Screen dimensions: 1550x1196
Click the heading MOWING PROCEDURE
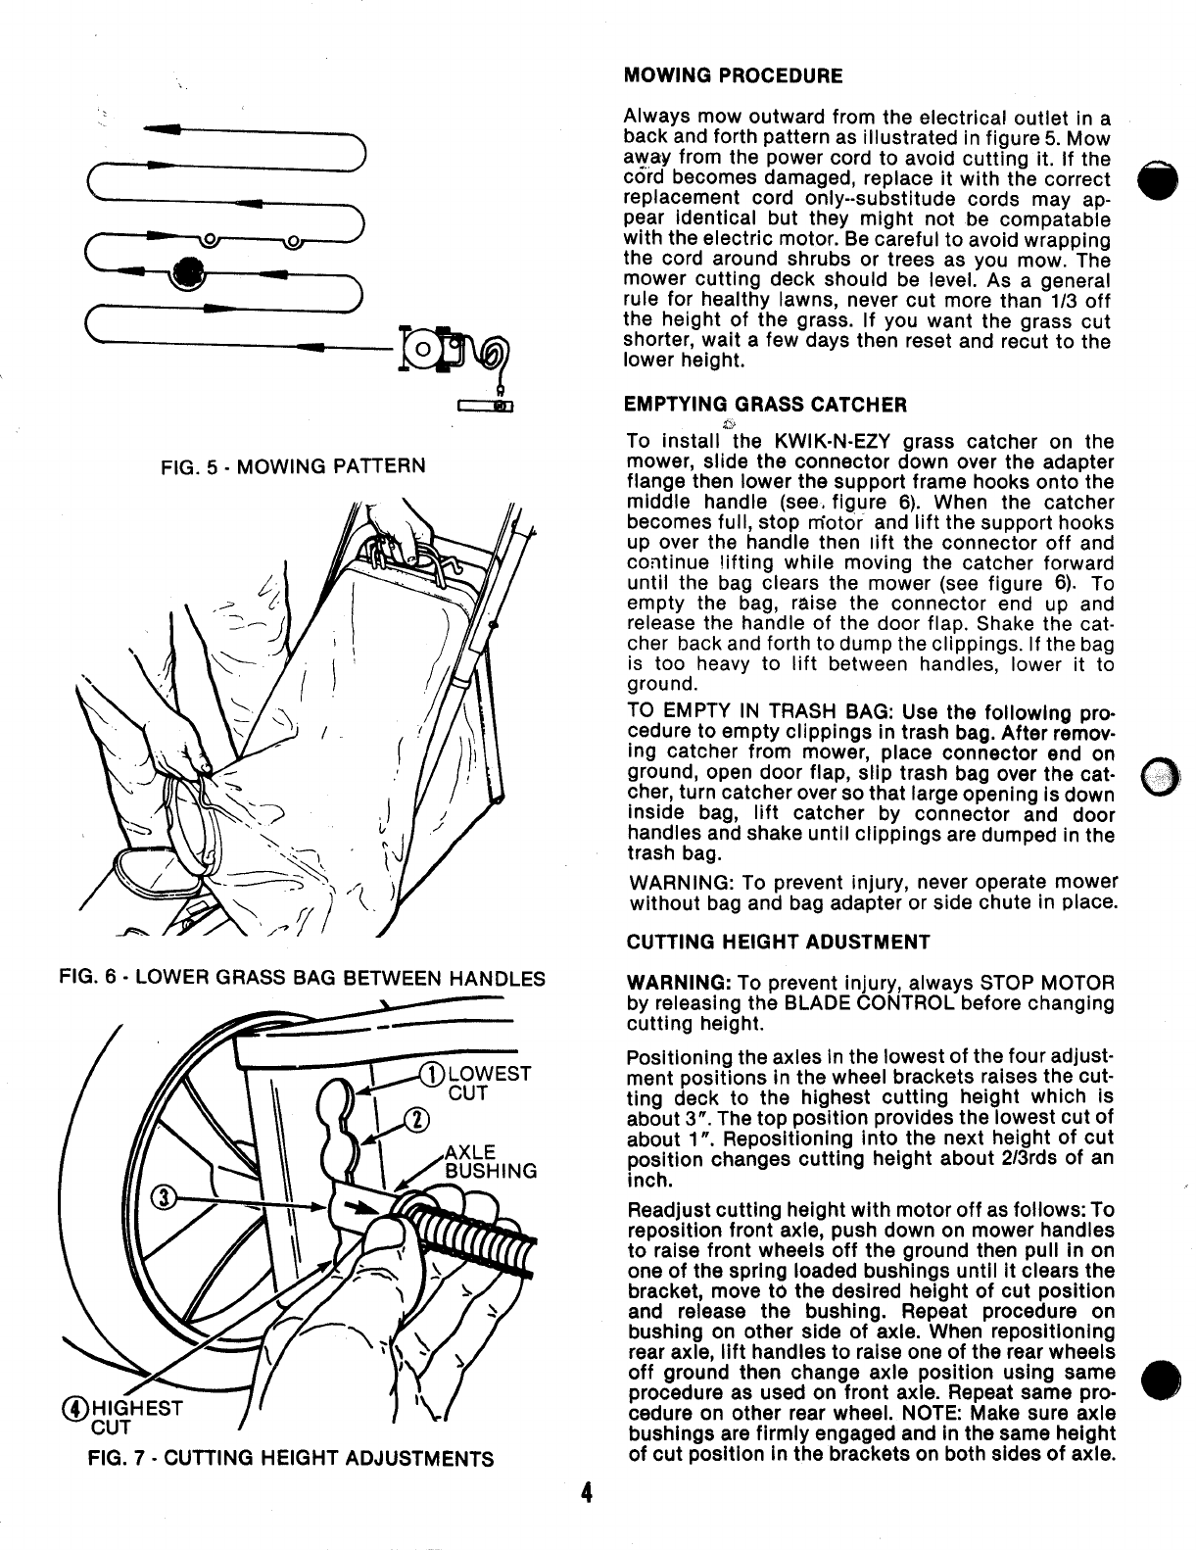point(733,74)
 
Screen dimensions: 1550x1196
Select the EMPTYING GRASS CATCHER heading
point(765,404)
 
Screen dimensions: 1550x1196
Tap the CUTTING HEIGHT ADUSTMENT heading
point(778,943)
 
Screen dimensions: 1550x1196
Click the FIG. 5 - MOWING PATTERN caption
point(294,464)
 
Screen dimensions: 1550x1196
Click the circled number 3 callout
point(166,1199)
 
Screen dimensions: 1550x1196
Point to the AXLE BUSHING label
point(490,1161)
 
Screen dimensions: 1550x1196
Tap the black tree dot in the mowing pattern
point(188,272)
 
